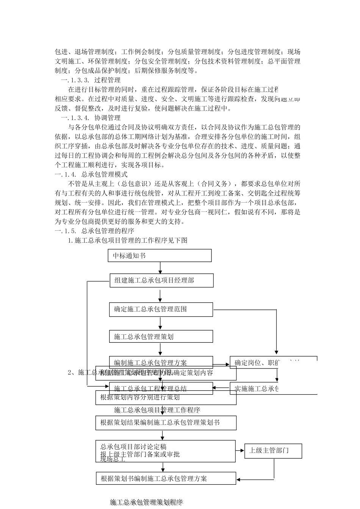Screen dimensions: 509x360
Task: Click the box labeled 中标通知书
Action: (160, 256)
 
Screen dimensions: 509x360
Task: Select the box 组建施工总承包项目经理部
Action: (161, 281)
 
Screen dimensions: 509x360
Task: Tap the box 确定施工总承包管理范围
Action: (161, 309)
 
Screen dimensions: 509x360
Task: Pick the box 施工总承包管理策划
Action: (161, 336)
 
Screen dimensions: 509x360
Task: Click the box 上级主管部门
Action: (273, 451)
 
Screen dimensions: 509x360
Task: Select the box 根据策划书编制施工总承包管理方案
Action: (166, 479)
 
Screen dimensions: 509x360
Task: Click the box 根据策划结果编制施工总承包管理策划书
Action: (166, 423)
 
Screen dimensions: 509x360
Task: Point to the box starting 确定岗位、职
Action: (273, 362)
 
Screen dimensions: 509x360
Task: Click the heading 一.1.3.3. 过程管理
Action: (91, 80)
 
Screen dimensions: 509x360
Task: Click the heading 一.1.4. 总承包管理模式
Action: (91, 174)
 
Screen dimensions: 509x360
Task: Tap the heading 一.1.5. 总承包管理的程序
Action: (94, 231)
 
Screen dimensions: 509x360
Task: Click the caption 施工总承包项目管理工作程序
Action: (157, 410)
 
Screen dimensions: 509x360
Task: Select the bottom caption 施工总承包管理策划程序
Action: (146, 502)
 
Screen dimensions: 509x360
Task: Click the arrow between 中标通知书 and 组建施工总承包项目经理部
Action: (161, 268)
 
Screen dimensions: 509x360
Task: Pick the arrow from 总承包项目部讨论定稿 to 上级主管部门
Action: (240, 451)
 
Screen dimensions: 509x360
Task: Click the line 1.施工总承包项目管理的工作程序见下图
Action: (128, 240)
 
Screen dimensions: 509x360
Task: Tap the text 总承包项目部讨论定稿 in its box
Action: (133, 447)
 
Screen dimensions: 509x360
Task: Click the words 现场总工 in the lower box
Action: (113, 459)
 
